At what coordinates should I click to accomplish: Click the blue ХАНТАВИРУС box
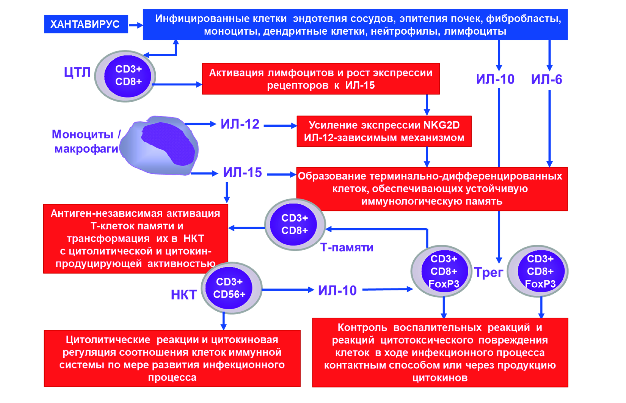click(x=86, y=24)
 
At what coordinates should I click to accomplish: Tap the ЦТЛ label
click(x=77, y=72)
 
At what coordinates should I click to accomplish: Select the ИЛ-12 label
click(x=240, y=124)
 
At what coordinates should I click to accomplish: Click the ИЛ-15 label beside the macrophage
click(x=242, y=173)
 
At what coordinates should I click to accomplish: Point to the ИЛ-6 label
click(x=546, y=79)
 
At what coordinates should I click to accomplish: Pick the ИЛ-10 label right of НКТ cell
click(x=337, y=290)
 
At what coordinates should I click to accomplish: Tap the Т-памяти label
click(x=347, y=247)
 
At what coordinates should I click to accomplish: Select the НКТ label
click(x=184, y=295)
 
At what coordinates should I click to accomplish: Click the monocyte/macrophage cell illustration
click(x=159, y=146)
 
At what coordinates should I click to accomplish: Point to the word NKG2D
click(x=441, y=125)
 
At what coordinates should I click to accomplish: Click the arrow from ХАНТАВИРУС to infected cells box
click(x=136, y=25)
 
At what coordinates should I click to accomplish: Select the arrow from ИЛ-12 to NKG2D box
click(x=280, y=126)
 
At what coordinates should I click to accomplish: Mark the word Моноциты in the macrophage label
click(x=82, y=135)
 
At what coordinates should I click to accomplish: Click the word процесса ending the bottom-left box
click(x=172, y=377)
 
